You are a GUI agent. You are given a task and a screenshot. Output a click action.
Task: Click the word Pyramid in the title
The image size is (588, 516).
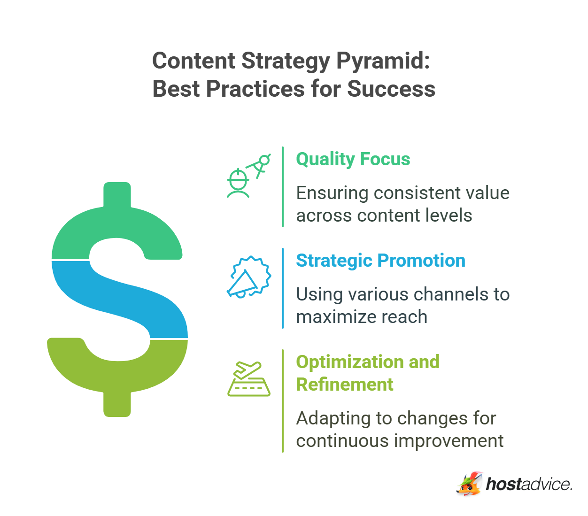(383, 61)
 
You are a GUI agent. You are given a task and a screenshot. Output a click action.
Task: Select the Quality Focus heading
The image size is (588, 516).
(353, 159)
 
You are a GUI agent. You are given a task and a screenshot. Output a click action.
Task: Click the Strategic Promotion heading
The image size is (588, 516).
(380, 261)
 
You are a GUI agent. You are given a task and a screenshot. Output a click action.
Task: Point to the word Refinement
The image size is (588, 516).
(344, 385)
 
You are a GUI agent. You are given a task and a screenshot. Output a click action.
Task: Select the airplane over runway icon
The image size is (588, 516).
(248, 379)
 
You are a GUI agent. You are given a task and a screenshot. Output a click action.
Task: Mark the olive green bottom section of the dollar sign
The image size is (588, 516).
(117, 371)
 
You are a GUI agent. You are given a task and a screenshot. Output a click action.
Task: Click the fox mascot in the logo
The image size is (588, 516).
(469, 484)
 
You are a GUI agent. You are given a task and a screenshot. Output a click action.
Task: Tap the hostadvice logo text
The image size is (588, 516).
(529, 484)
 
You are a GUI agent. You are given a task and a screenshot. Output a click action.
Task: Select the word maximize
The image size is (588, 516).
(329, 317)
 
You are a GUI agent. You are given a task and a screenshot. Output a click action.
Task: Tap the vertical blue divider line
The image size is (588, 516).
(283, 288)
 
